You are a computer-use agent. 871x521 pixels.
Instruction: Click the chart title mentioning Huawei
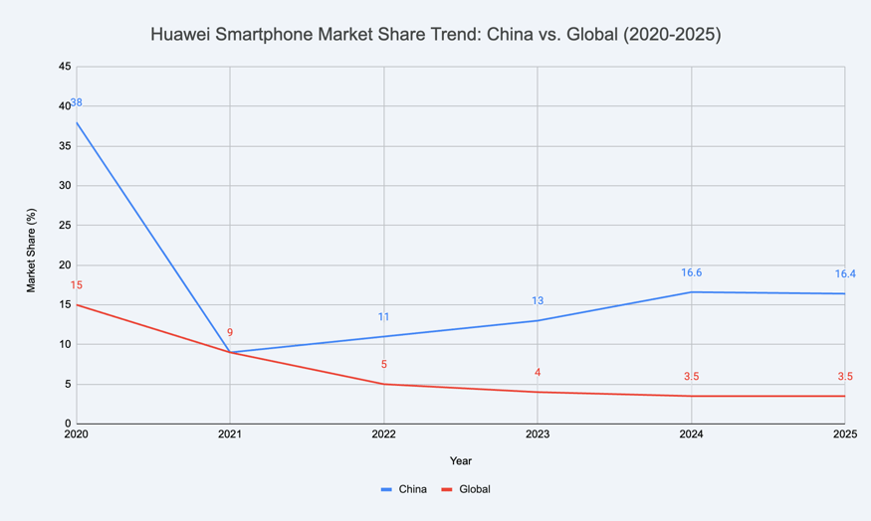[x=435, y=35]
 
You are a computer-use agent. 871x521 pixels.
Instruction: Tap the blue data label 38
[x=77, y=102]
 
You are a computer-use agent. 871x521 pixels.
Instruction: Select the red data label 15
[x=77, y=285]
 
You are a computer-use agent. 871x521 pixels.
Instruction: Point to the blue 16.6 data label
[x=691, y=272]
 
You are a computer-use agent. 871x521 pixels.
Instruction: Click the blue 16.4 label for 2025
[x=844, y=273]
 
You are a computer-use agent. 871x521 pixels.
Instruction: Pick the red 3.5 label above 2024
[x=691, y=377]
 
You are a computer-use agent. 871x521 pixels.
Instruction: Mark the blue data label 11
[x=383, y=317]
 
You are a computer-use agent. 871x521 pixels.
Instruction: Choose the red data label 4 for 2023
[x=538, y=373]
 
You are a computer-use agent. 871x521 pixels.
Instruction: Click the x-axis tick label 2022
[x=383, y=434]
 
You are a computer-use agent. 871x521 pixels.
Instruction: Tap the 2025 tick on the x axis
[x=843, y=434]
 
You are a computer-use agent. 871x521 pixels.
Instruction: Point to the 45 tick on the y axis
[x=65, y=67]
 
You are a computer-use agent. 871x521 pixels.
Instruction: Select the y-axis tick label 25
[x=65, y=226]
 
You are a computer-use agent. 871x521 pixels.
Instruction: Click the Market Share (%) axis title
[x=32, y=250]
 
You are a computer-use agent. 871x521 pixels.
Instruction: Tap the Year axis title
[x=460, y=460]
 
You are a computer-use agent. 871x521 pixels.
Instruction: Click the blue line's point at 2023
[x=538, y=320]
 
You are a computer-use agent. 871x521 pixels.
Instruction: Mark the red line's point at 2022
[x=383, y=384]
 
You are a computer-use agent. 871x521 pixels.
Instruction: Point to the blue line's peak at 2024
[x=691, y=292]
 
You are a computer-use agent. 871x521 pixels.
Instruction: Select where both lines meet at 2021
[x=230, y=352]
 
